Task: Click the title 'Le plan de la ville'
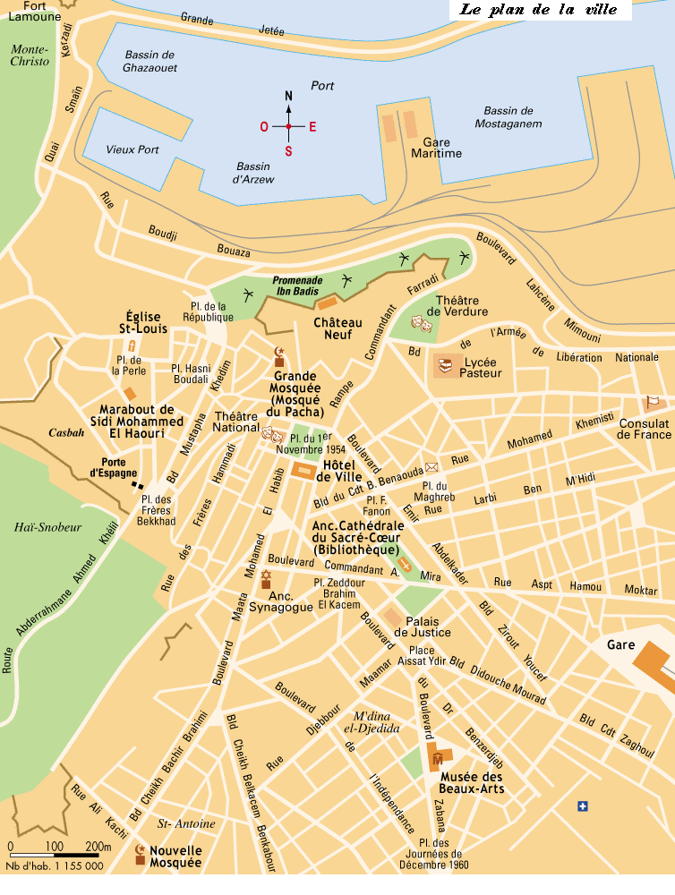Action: [540, 11]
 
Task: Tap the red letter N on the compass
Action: [288, 97]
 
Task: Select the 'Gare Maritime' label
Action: [436, 148]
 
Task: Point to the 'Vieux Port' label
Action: [132, 149]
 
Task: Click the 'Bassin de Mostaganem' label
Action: [508, 117]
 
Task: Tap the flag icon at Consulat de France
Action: [653, 402]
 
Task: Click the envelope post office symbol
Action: [431, 466]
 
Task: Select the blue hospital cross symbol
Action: [584, 806]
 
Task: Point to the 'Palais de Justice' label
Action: [428, 626]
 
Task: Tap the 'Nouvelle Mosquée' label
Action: [175, 857]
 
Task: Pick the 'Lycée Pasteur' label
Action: [481, 367]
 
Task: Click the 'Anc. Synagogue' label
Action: [292, 601]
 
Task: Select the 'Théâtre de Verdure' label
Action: [462, 305]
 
